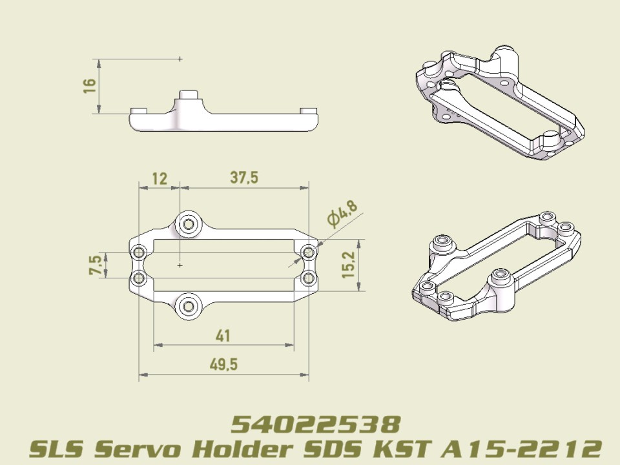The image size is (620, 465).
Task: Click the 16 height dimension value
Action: pos(90,86)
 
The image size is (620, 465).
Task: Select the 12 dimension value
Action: pos(159,178)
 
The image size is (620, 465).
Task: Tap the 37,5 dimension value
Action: pos(244,178)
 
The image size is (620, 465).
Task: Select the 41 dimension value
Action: pos(223,336)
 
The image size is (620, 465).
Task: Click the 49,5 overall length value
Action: pos(223,364)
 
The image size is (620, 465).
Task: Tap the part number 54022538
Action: pos(316,424)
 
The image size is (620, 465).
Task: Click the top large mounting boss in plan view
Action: pos(188,224)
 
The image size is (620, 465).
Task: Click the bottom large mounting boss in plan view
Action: pos(188,305)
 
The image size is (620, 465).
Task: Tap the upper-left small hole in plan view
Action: pos(138,252)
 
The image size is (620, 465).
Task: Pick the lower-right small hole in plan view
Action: pos(309,278)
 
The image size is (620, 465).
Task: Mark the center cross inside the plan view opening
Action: pos(180,265)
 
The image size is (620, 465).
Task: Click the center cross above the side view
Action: pos(180,59)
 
